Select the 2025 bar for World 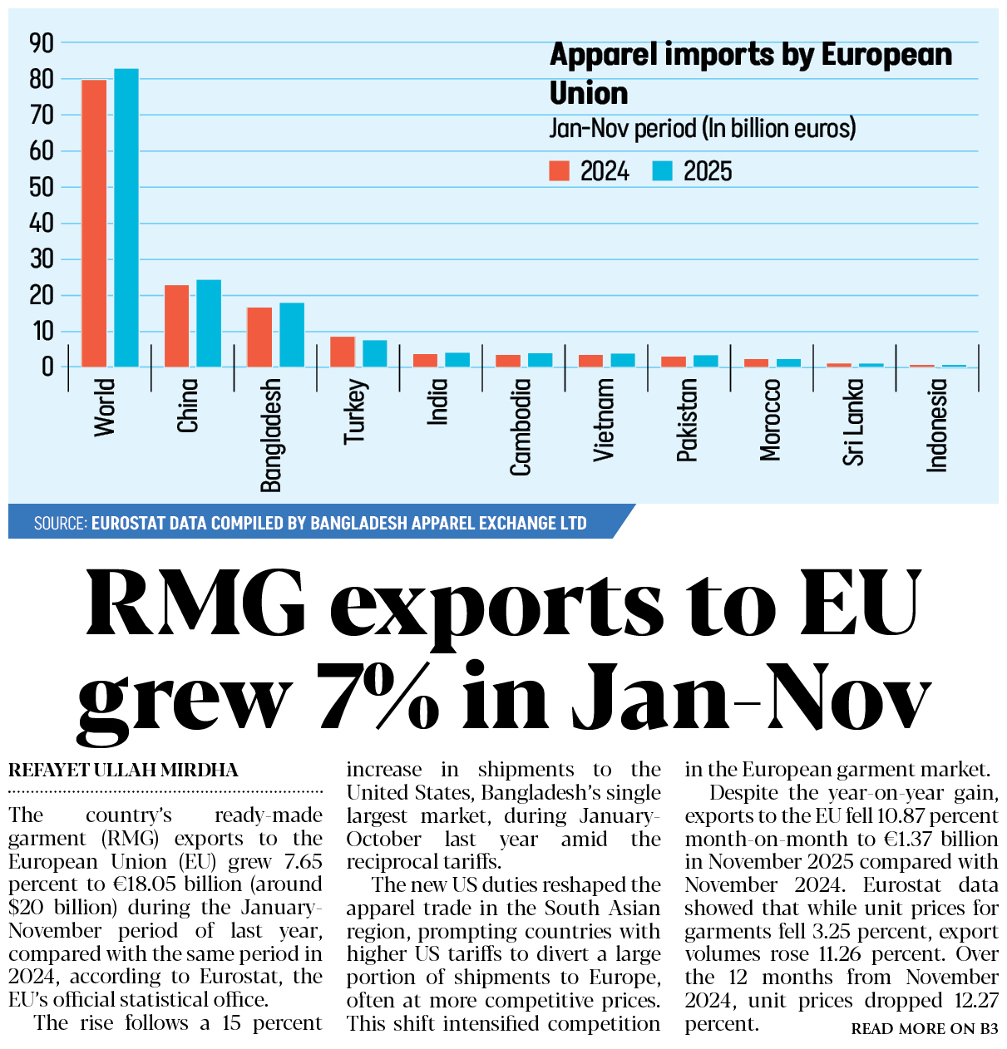[126, 218]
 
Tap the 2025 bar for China [209, 323]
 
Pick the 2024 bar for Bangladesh [259, 337]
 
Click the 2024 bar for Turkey [343, 352]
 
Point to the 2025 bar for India [457, 360]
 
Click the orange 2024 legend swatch [560, 171]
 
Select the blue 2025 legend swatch [662, 171]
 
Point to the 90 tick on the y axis [41, 43]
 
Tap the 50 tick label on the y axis [41, 187]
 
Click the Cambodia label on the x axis [521, 427]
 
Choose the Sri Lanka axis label [853, 422]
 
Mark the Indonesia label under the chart [937, 426]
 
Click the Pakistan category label [687, 420]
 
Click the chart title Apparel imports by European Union [750, 73]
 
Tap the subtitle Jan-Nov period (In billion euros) [703, 129]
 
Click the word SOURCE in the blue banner [60, 524]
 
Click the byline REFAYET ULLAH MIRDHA [123, 771]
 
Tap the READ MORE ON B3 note [924, 1029]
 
